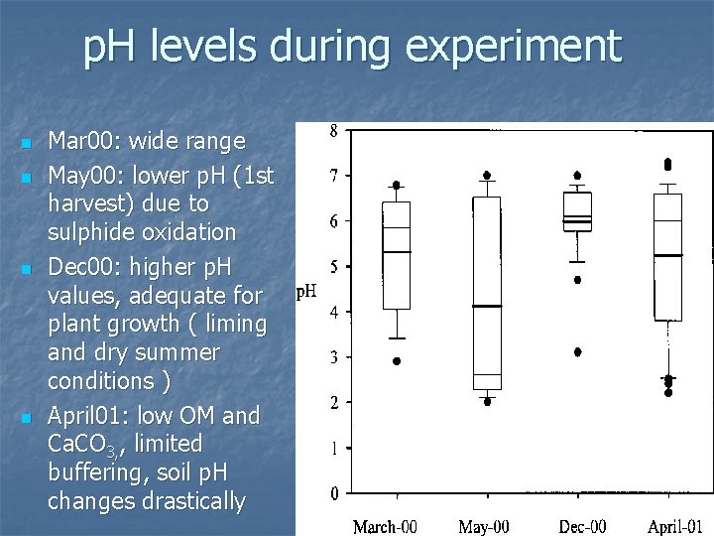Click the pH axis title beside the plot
[x=307, y=293]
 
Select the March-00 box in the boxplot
[x=397, y=255]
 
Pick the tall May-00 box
[x=487, y=293]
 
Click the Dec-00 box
[x=577, y=211]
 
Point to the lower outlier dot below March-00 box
[x=397, y=361]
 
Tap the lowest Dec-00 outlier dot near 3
[x=577, y=351]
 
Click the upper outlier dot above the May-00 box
[x=487, y=175]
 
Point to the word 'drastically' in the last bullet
[x=189, y=501]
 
